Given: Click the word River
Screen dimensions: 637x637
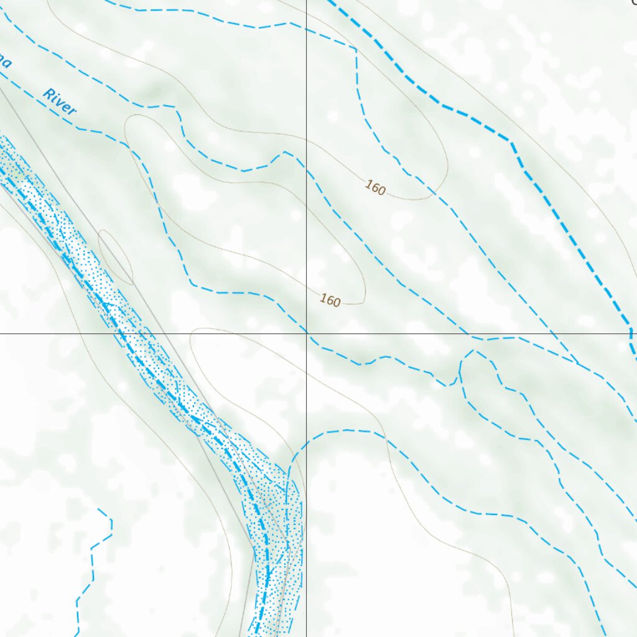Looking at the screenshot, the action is [59, 103].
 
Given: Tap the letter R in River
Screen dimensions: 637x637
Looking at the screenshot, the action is [48, 94].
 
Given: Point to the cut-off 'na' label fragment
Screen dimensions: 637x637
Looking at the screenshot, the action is [4, 63].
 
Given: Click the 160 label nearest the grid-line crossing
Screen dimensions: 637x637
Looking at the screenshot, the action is [330, 300].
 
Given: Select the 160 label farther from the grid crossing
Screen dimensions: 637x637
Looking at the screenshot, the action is [374, 187].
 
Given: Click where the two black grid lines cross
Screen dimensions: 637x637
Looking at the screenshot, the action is [306, 333].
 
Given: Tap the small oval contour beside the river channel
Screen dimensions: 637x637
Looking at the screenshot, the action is [116, 257].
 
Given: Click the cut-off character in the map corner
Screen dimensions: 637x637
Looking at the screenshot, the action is [634, 2].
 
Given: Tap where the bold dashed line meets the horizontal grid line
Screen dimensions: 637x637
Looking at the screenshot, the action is [631, 333].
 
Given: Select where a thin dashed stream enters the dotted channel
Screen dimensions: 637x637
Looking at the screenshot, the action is [289, 479].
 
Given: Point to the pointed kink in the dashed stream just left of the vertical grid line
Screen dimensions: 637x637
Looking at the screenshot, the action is [286, 152].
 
